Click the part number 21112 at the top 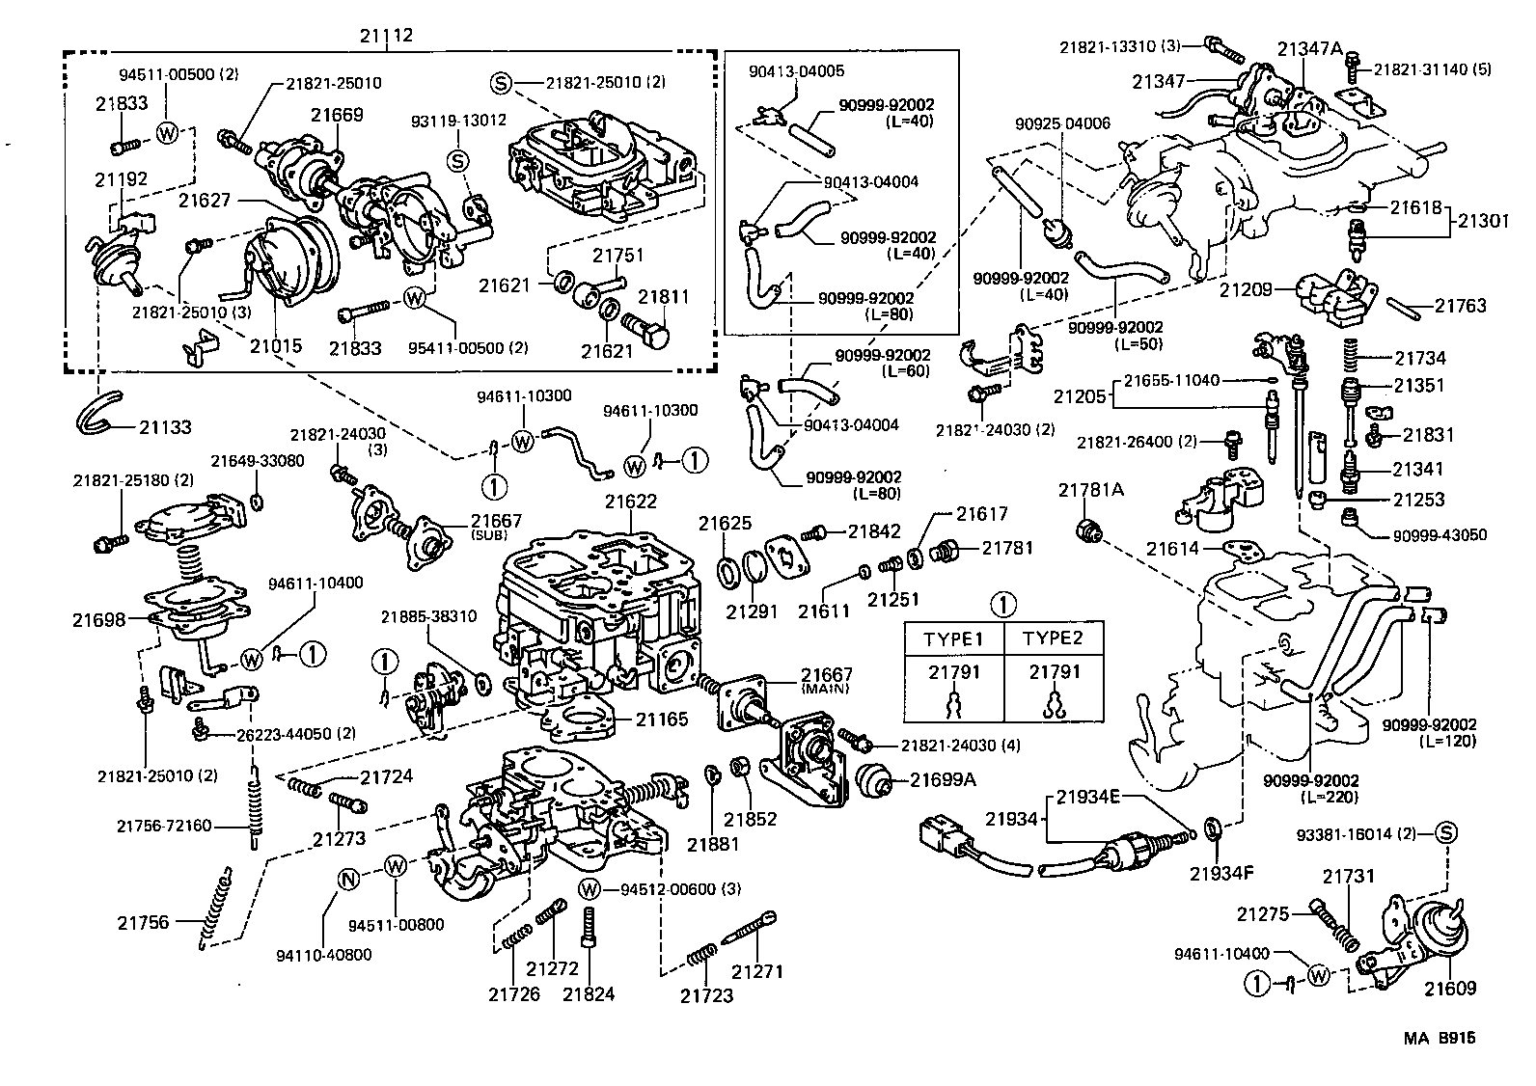[386, 36]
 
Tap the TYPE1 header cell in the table [953, 639]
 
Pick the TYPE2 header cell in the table [1053, 639]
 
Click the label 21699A [943, 779]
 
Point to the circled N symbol [349, 878]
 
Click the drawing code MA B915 [1440, 1039]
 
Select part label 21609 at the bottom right [1450, 989]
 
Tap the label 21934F [1221, 874]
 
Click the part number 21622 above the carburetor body [631, 502]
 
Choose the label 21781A [1091, 490]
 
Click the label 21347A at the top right [1310, 48]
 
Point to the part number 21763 [1460, 306]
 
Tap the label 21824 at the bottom [590, 994]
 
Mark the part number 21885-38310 [427, 616]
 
